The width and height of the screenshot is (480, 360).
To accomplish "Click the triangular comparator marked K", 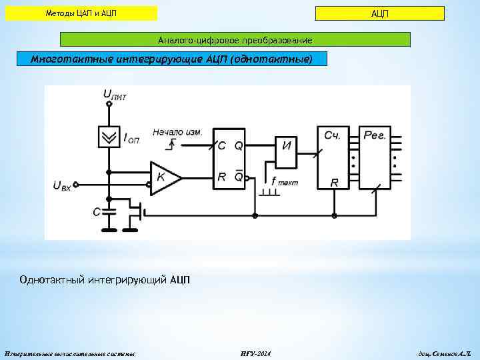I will (163, 178).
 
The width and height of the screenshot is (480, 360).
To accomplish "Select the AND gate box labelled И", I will (286, 145).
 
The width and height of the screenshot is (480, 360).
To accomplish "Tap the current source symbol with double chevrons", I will (107, 137).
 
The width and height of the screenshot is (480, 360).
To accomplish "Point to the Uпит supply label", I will (115, 96).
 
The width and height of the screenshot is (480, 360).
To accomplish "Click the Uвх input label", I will (62, 185).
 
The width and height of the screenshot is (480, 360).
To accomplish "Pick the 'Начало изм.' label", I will (177, 132).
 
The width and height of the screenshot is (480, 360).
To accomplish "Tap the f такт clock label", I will (284, 181).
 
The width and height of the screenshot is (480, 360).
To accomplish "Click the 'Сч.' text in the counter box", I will (333, 135).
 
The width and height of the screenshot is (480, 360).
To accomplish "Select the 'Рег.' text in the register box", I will (375, 135).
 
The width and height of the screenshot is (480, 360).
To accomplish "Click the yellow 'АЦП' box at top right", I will (379, 13).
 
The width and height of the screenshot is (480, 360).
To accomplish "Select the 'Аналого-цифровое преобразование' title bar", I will (235, 41).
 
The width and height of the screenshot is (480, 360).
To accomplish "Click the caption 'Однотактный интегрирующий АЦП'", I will (105, 279).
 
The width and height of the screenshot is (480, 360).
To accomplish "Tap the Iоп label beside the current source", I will (131, 139).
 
